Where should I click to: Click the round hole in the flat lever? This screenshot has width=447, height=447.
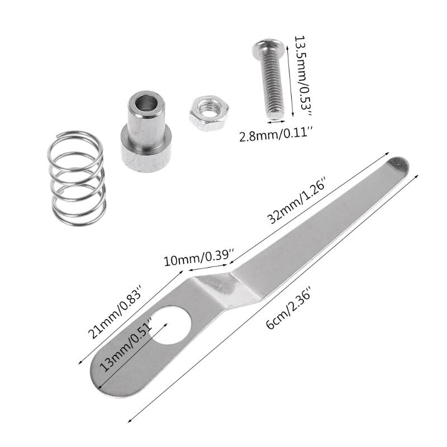coord(171,324)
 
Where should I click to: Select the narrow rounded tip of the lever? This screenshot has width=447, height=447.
coord(398,166)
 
